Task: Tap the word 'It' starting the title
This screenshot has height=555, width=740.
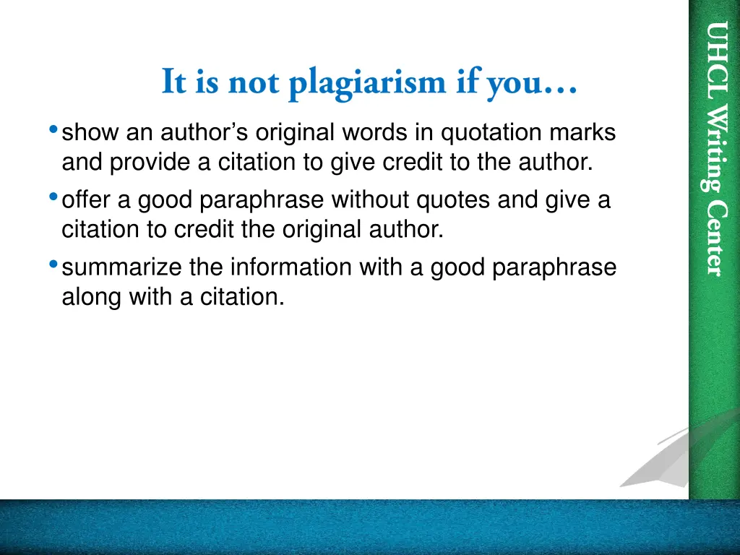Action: [173, 81]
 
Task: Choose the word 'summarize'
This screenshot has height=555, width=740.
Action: [123, 267]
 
